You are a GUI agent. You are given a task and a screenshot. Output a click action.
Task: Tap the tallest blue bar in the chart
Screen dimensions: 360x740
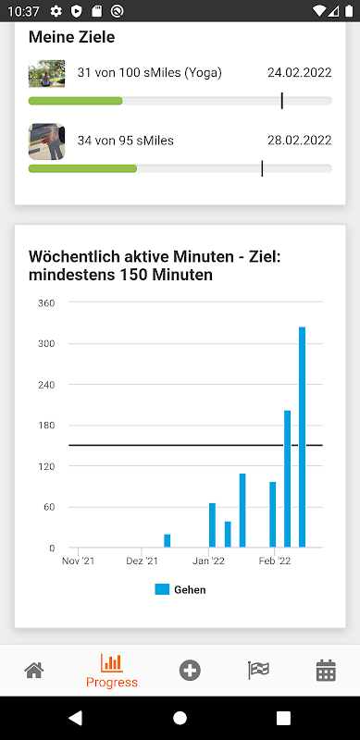pyautogui.click(x=303, y=437)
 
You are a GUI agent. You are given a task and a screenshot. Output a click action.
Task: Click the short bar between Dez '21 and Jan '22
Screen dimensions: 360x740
pyautogui.click(x=168, y=541)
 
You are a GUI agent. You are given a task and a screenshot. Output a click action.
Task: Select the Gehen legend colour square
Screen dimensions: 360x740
pyautogui.click(x=162, y=589)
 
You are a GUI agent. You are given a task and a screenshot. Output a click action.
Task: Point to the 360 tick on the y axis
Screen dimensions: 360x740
pyautogui.click(x=46, y=303)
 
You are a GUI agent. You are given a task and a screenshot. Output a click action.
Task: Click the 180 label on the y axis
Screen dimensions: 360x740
pyautogui.click(x=46, y=425)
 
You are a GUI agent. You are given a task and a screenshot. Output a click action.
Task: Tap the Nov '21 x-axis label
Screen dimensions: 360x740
pyautogui.click(x=79, y=561)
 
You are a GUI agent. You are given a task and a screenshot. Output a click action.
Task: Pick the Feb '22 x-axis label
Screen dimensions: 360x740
pyautogui.click(x=275, y=561)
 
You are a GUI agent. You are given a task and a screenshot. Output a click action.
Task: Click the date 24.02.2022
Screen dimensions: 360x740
pyautogui.click(x=300, y=73)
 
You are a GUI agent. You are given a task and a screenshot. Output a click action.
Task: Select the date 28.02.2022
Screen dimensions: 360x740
pyautogui.click(x=300, y=141)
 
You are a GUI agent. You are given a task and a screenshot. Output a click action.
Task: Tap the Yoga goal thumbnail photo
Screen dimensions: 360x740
pyautogui.click(x=47, y=74)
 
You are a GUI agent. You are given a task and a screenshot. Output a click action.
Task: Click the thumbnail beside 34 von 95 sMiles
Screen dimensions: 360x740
pyautogui.click(x=47, y=142)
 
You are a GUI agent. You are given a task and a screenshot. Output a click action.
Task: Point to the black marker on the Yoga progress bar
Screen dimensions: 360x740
pyautogui.click(x=282, y=101)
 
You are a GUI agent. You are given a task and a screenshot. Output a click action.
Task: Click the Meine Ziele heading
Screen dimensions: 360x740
pyautogui.click(x=72, y=37)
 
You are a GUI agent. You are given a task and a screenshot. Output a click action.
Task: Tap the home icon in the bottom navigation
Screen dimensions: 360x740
pyautogui.click(x=34, y=670)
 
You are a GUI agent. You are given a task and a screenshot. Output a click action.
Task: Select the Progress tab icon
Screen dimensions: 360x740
pyautogui.click(x=112, y=663)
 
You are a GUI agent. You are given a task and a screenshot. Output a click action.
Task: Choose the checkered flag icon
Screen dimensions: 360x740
pyautogui.click(x=258, y=670)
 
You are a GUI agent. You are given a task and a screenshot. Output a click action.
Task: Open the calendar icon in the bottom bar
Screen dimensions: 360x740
pyautogui.click(x=326, y=671)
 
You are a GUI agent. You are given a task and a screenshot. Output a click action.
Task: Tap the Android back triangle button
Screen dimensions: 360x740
pyautogui.click(x=75, y=719)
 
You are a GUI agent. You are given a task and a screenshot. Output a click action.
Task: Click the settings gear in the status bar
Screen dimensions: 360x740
pyautogui.click(x=56, y=11)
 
